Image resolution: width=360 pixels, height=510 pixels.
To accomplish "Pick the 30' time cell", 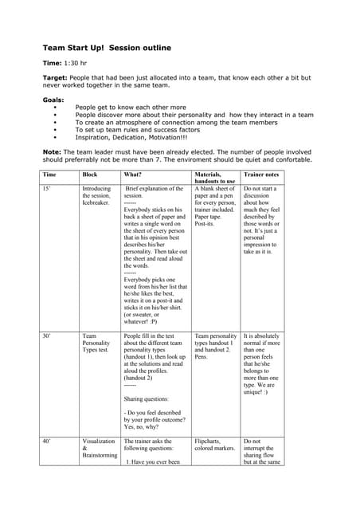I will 47,337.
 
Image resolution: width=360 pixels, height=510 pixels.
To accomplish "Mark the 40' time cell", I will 47,441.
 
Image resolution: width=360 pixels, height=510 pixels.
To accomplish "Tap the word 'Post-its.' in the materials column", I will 205,224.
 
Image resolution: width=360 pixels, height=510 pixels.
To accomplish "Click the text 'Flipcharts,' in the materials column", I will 210,441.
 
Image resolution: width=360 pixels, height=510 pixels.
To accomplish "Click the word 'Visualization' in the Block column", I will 98,441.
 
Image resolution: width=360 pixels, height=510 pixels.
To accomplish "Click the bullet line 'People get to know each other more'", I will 131,107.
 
